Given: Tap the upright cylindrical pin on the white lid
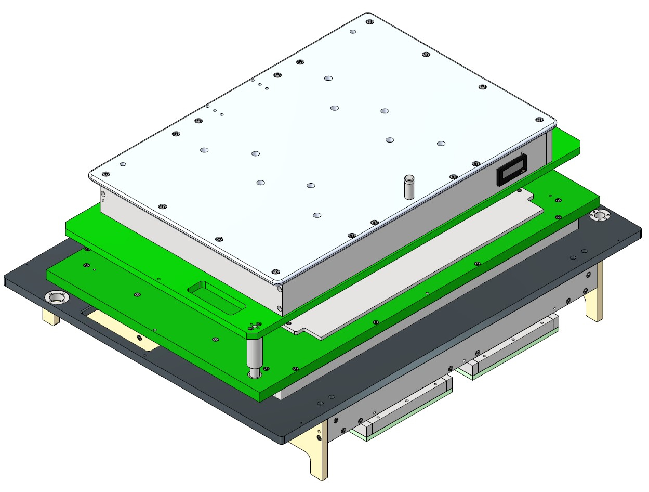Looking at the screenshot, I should coord(409,187).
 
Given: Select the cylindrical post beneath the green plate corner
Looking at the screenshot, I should coord(255,356).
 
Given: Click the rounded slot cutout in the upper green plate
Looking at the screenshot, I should coord(214,297).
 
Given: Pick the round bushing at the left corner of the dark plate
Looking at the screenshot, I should coord(56,297).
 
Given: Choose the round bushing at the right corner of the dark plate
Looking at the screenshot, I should coord(599,215).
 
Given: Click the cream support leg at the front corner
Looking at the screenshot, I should coord(317,452).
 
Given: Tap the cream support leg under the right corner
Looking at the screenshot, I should coord(594,294).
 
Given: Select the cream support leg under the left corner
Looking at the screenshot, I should coord(50,316).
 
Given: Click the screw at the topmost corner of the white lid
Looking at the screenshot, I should coord(369,22).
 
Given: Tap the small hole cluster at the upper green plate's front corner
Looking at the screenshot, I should coord(255,326).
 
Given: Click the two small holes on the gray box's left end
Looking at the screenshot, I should coord(103,197).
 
